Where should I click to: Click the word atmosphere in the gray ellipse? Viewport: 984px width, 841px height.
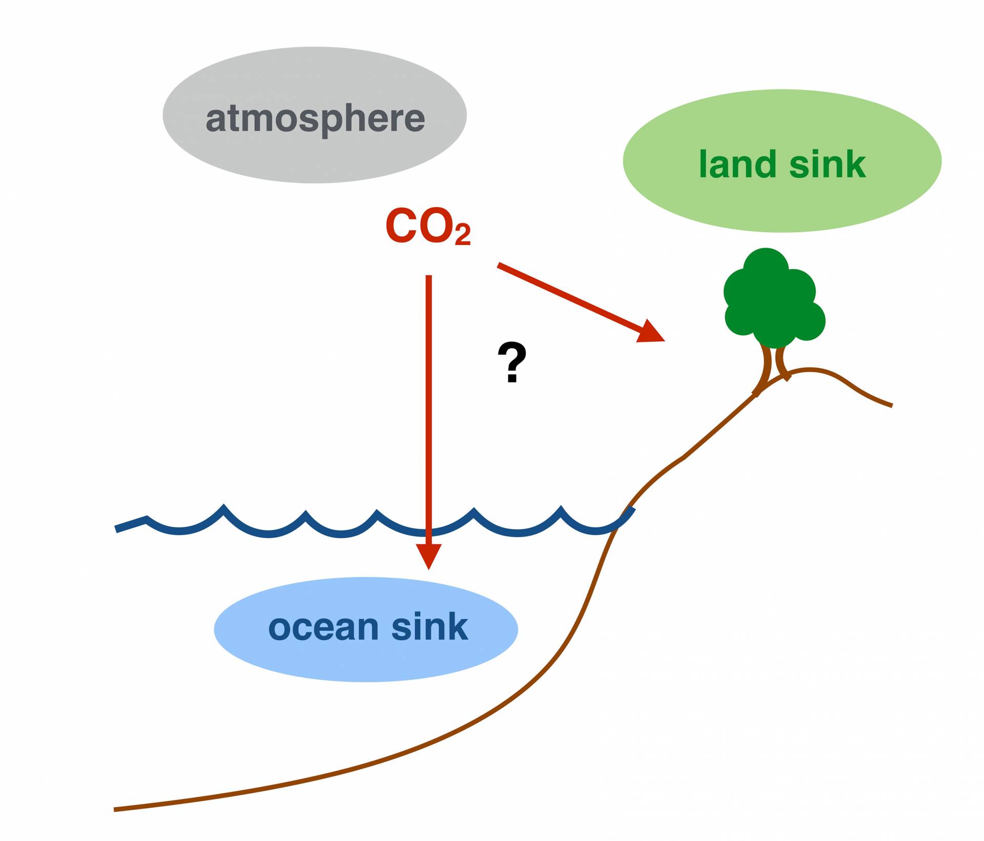coord(315,119)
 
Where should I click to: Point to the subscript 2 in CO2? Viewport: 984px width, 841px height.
coord(462,236)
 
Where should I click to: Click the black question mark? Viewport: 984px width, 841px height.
coord(512,363)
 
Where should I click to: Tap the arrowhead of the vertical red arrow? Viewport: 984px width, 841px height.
coord(428,556)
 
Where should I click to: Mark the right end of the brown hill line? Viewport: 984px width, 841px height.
coord(891,405)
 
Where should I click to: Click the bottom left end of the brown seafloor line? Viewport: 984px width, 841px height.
coord(115,809)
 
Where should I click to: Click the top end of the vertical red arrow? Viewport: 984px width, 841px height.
coord(428,277)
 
